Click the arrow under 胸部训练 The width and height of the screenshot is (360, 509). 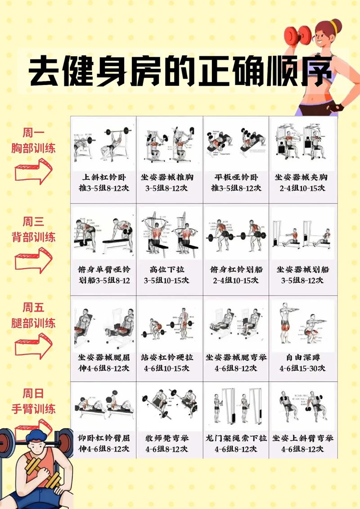tap(34, 171)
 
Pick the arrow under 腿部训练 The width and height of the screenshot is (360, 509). tap(34, 345)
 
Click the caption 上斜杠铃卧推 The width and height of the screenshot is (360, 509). tap(104, 183)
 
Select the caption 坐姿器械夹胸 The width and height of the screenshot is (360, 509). tap(302, 183)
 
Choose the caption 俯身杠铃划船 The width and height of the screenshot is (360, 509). tap(236, 275)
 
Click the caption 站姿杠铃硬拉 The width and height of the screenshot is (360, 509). tap(170, 362)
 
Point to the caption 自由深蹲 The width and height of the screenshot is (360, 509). tap(302, 362)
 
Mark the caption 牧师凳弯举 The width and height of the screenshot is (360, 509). tap(170, 443)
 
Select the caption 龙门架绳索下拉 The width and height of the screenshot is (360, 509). tap(236, 443)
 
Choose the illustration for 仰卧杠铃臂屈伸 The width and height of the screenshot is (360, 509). tap(104, 405)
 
